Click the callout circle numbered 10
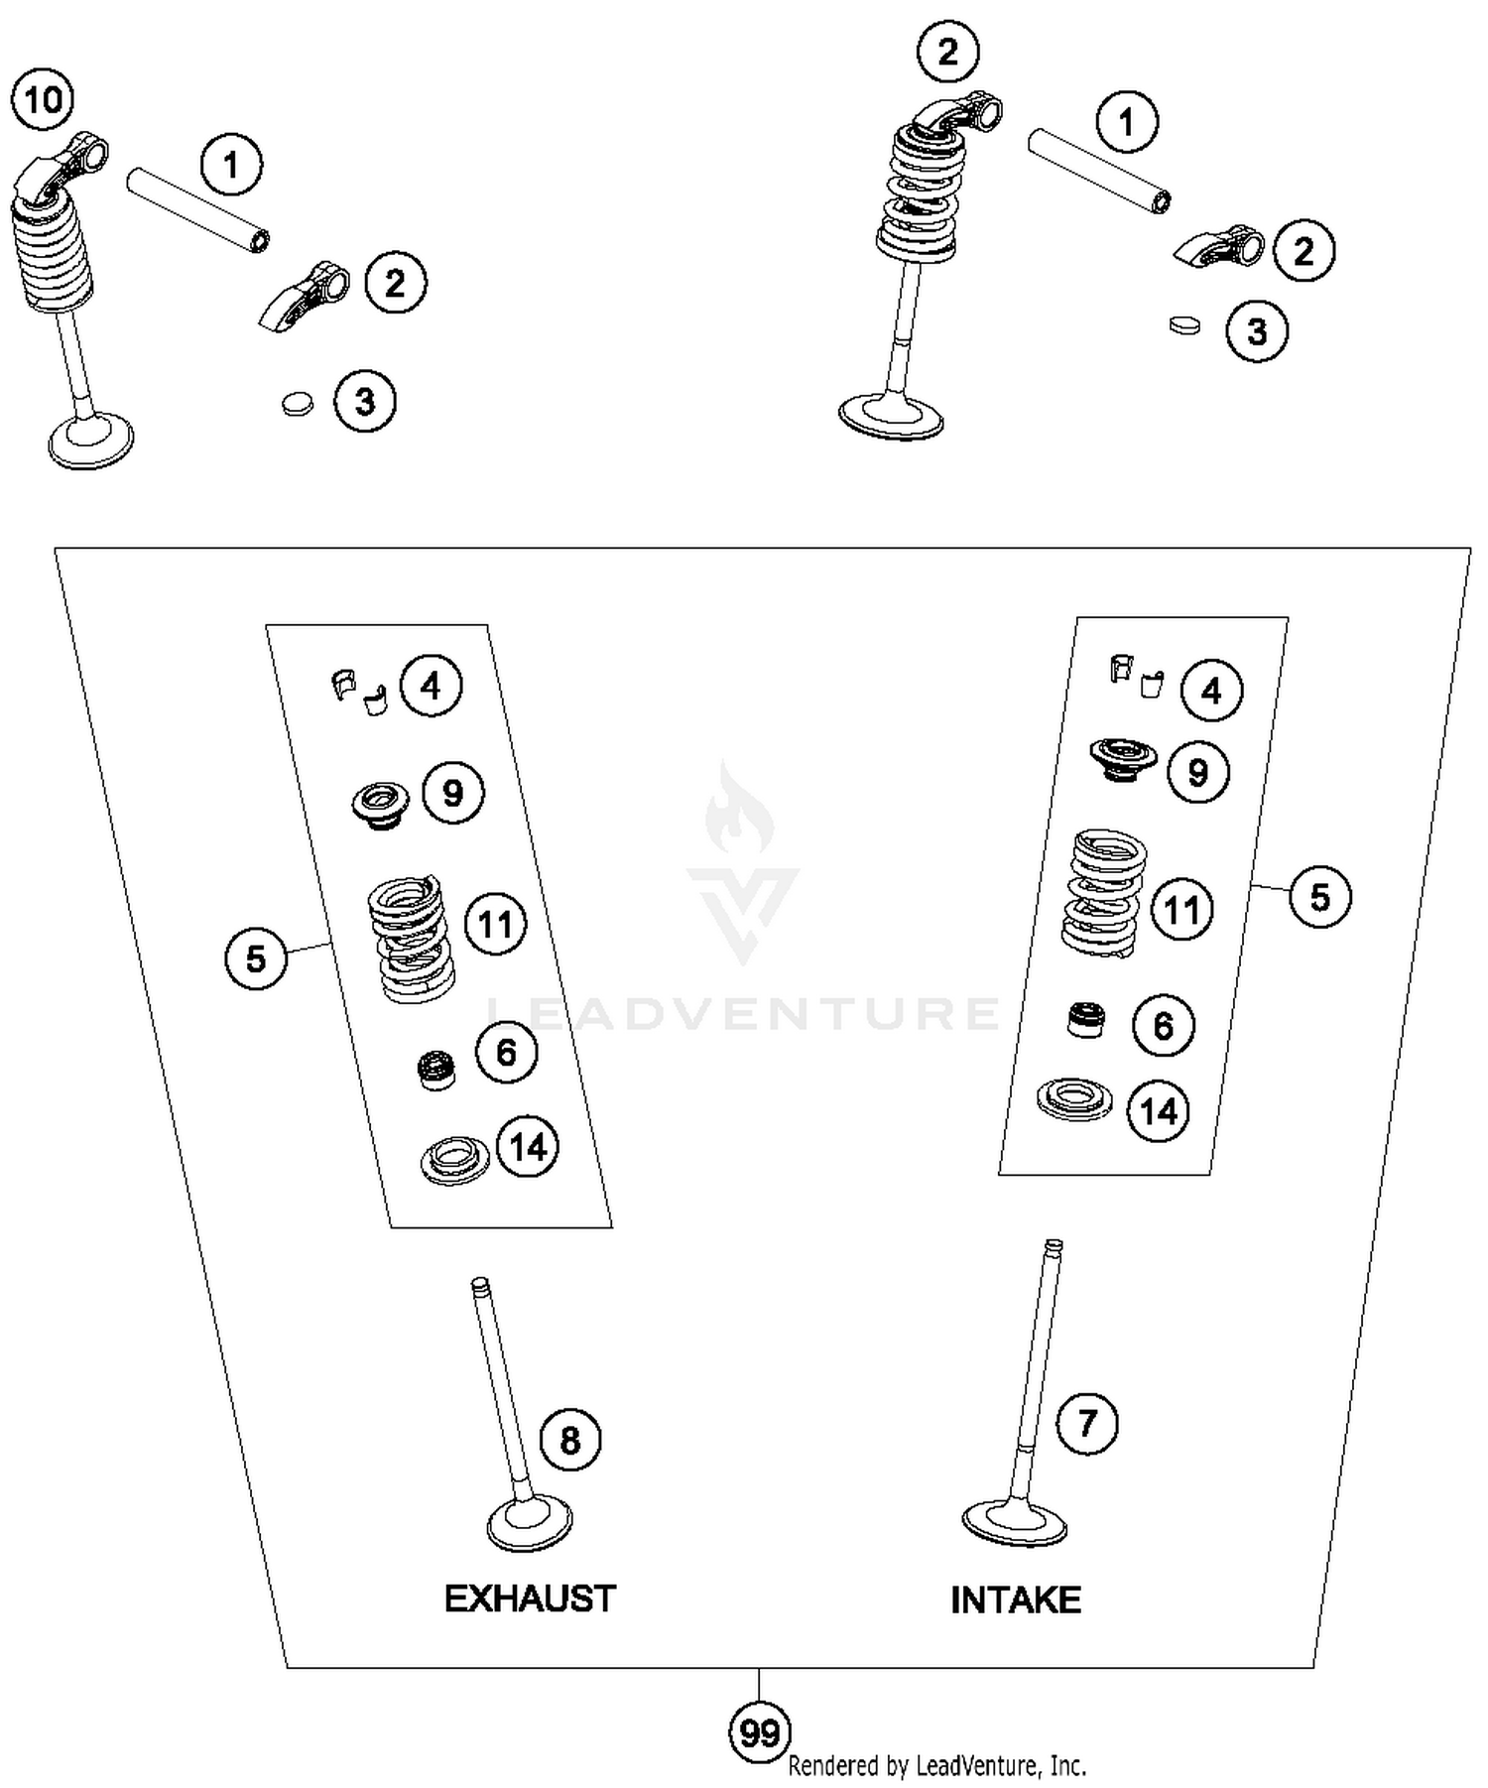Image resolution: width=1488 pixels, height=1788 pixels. (x=43, y=99)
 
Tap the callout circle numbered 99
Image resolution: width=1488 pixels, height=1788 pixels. (x=760, y=1733)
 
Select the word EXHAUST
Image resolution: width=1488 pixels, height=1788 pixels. (x=530, y=1598)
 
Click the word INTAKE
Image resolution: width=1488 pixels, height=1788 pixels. (x=1016, y=1599)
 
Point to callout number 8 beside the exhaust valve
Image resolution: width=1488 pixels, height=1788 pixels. (x=570, y=1440)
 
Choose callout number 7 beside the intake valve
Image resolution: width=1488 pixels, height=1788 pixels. (x=1087, y=1423)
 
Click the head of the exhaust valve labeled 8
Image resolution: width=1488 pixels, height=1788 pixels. (x=530, y=1524)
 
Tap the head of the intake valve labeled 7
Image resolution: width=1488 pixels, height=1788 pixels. (x=1014, y=1521)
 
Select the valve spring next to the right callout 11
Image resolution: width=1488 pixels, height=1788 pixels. (x=1104, y=891)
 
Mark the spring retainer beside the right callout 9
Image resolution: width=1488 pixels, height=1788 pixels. (x=1123, y=758)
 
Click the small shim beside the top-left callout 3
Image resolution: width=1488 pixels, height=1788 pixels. (x=296, y=403)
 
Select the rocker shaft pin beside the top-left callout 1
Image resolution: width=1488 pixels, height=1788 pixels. (x=198, y=210)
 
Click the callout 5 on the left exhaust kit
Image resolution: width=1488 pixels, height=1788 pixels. (x=256, y=958)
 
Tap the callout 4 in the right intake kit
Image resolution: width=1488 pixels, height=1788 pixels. (x=1211, y=691)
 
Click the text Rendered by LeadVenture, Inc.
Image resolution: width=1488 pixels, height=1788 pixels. (x=936, y=1766)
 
